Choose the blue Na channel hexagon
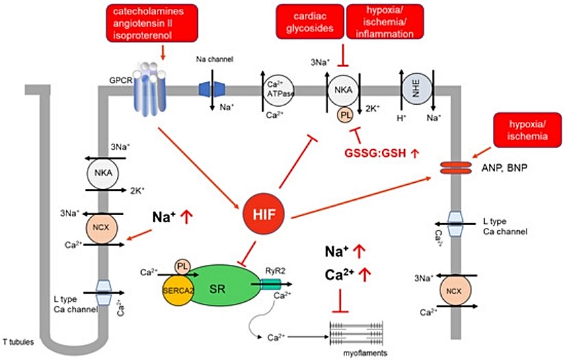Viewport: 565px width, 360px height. point(213,88)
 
